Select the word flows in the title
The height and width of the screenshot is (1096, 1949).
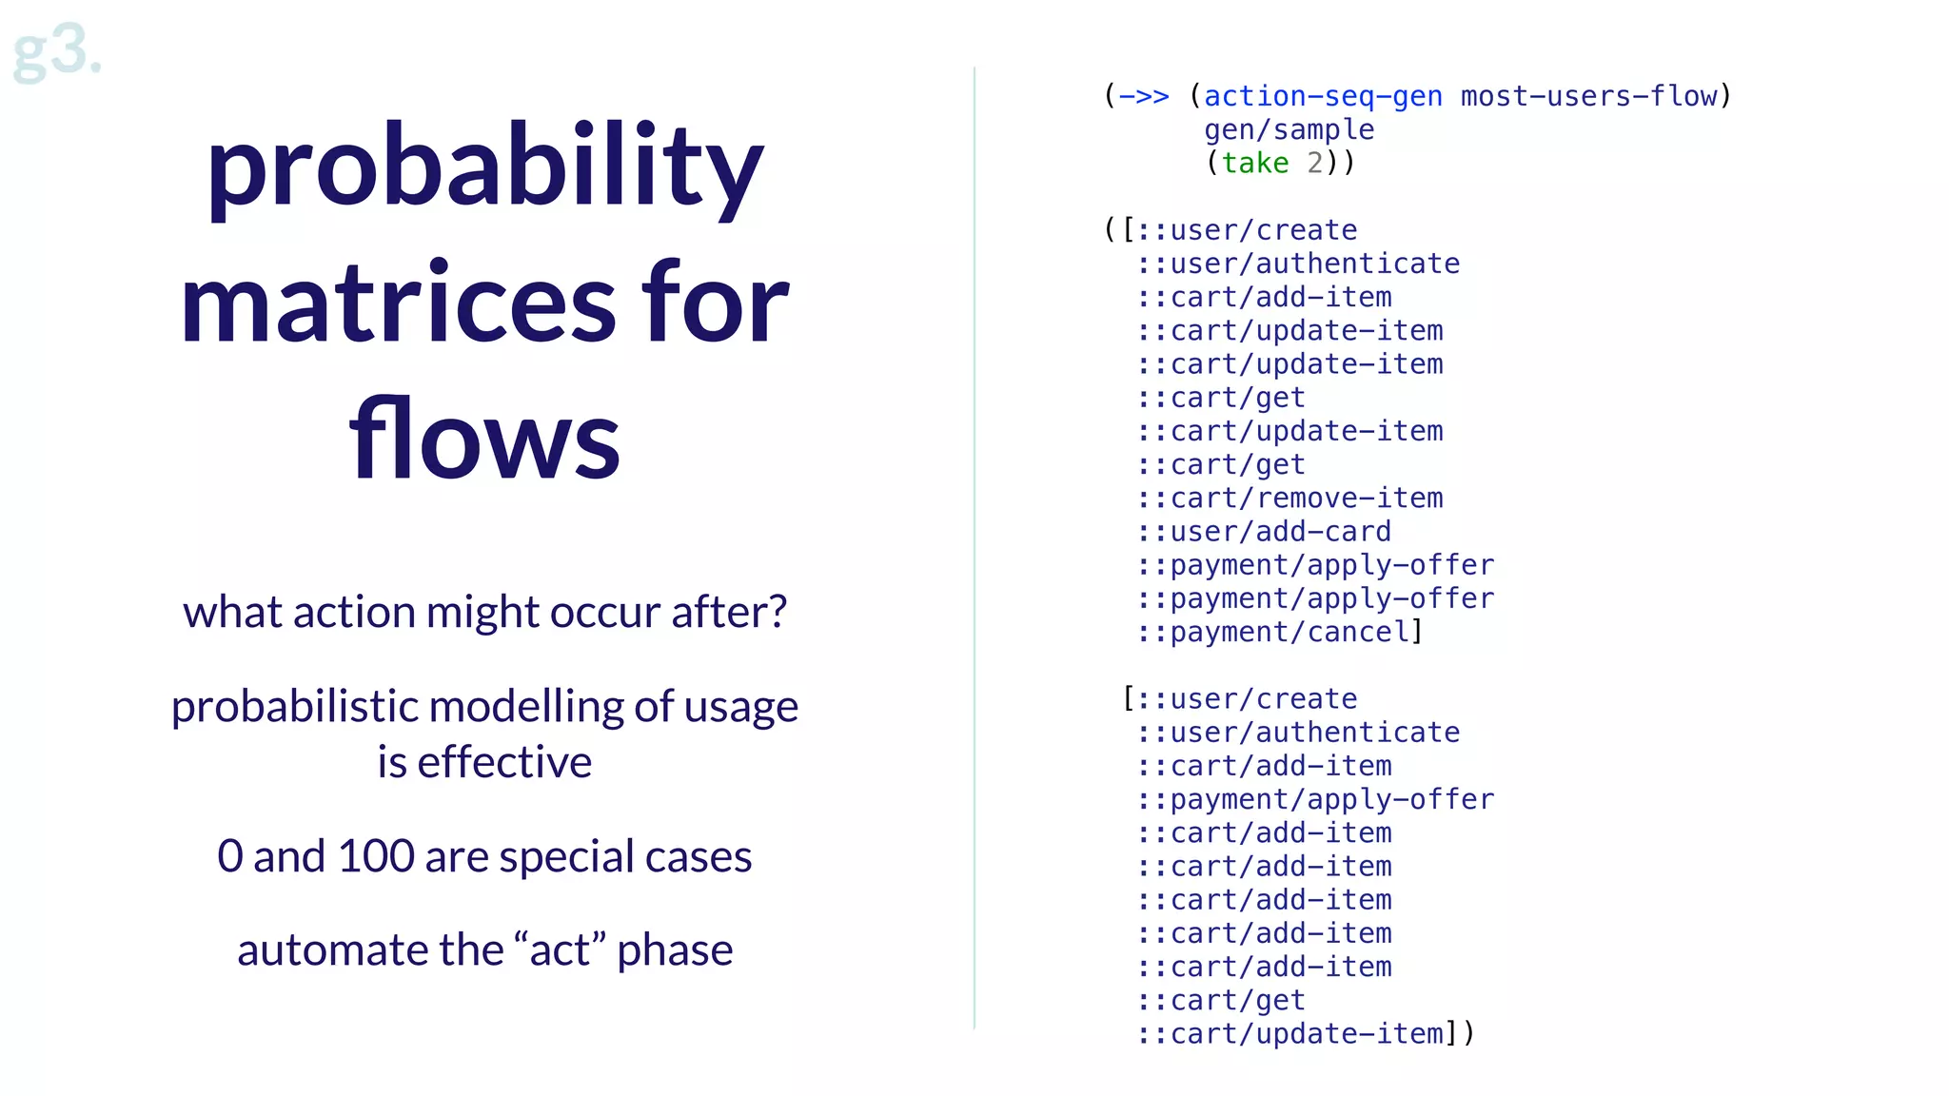(484, 440)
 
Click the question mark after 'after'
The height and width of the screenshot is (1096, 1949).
(778, 612)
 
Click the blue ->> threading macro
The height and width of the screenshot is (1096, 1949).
(1143, 97)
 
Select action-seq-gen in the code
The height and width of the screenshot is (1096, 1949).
(1323, 97)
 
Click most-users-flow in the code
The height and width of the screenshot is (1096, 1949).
(1588, 97)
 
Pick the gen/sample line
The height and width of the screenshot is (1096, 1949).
(1289, 130)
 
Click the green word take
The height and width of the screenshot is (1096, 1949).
(1254, 164)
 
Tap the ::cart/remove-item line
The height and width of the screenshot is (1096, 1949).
(1289, 499)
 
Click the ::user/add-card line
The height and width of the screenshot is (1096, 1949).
(1264, 532)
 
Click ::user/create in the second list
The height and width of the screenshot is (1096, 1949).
(1247, 699)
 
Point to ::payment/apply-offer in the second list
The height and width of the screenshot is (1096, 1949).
(1315, 800)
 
